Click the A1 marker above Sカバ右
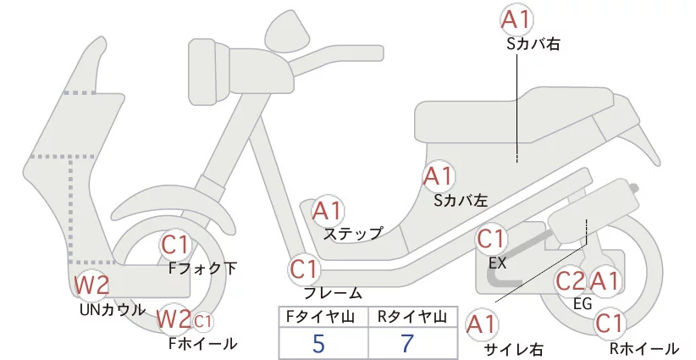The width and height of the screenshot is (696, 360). [x=518, y=18]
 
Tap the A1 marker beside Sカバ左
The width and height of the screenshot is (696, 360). [x=439, y=176]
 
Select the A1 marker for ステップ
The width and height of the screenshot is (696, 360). [x=328, y=210]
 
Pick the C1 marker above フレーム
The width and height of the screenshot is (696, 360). [x=305, y=270]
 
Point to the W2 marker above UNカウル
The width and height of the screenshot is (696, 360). [x=91, y=285]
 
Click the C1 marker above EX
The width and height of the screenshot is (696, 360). [x=494, y=240]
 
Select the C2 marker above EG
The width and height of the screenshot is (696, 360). [x=571, y=280]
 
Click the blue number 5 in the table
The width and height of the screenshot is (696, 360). [x=318, y=344]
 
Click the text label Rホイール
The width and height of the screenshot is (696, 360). [x=644, y=348]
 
